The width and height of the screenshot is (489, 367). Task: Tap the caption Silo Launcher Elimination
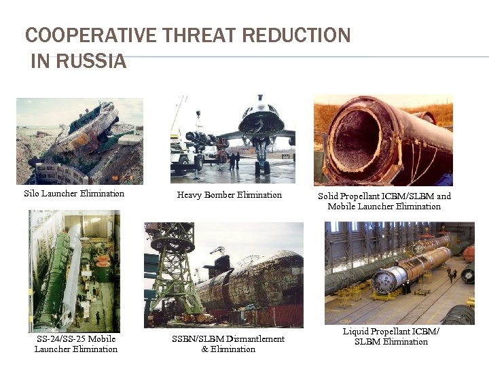(x=74, y=194)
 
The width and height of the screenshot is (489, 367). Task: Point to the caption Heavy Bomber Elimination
(x=229, y=195)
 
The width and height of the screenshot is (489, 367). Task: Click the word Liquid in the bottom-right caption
(x=357, y=331)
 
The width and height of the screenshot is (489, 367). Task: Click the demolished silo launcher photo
(x=79, y=141)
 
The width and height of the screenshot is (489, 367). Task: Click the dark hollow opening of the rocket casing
(x=354, y=139)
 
